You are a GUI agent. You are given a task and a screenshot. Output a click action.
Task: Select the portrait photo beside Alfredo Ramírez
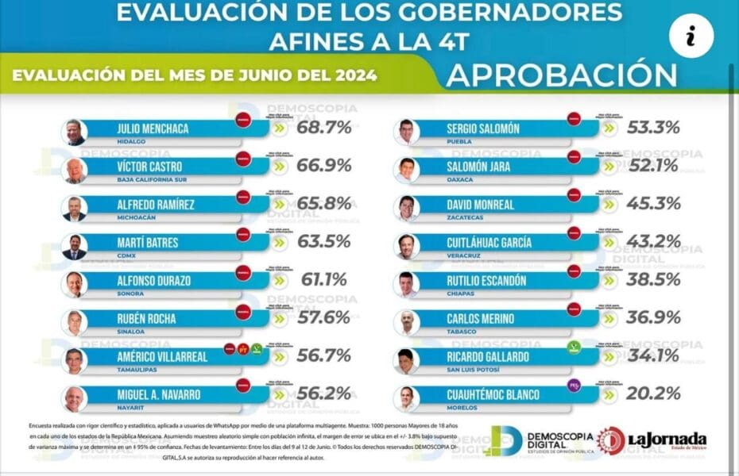pyautogui.click(x=75, y=208)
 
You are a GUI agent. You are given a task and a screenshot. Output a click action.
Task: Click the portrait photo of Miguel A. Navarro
pyautogui.click(x=75, y=398)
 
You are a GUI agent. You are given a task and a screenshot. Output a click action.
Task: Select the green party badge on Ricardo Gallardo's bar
pyautogui.click(x=573, y=347)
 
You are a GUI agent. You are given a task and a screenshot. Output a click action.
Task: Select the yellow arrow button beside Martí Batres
pyautogui.click(x=278, y=244)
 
